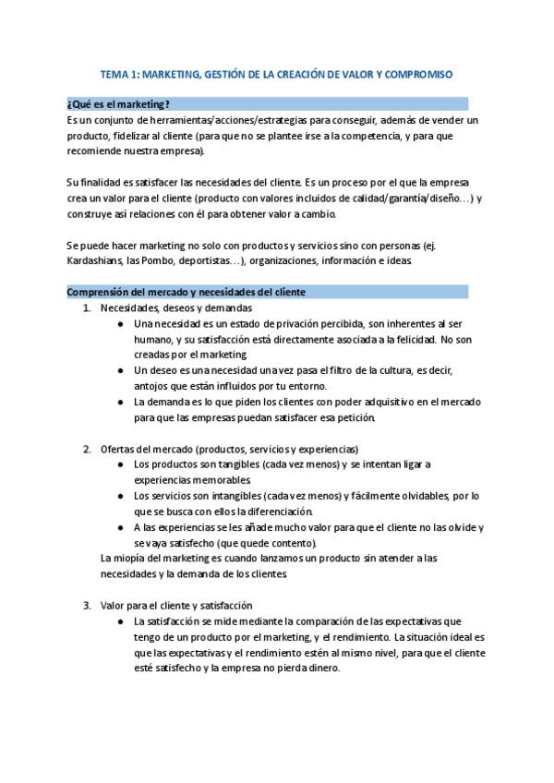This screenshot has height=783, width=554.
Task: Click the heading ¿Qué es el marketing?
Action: coord(119,103)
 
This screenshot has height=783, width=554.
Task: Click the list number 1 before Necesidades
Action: coord(87,307)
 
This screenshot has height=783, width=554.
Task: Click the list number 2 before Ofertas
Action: coord(87,448)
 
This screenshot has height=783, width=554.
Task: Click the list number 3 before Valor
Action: coord(87,605)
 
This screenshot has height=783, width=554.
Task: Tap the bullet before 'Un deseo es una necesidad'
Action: coord(123,370)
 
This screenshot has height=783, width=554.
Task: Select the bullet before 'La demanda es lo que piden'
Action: coord(123,402)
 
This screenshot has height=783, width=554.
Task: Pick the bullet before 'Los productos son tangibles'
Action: coord(123,464)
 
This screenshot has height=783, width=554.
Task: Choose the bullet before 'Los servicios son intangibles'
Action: coord(123,496)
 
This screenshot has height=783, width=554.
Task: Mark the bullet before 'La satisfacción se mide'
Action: coord(123,621)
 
